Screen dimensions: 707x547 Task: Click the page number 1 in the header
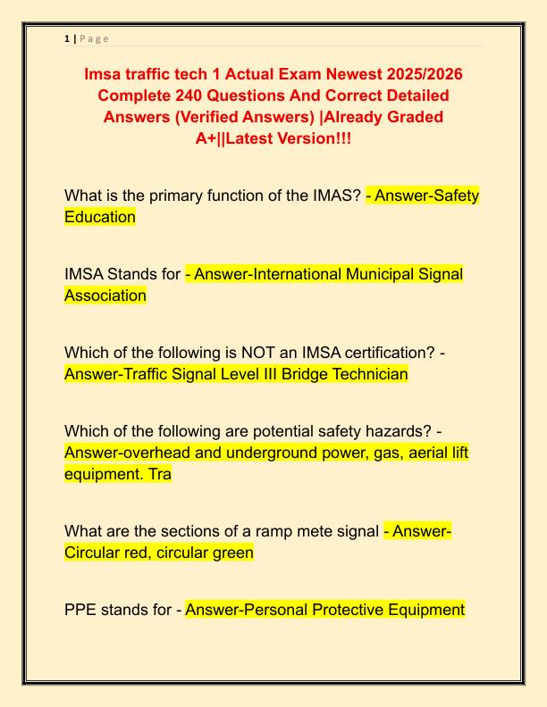coord(67,38)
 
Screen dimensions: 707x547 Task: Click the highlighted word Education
coord(100,217)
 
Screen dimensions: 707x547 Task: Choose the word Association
coord(105,295)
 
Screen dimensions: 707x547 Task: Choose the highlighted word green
coord(228,553)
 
